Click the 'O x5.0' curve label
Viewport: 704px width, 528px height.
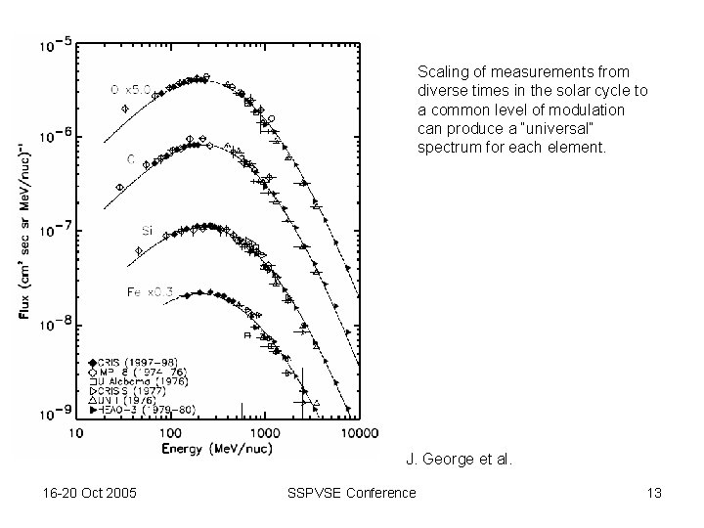coord(128,90)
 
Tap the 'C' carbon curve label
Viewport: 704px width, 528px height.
coord(130,157)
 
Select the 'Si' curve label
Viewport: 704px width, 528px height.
coord(146,231)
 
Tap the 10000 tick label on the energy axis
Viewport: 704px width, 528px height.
coord(354,431)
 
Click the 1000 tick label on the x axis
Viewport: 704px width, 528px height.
coord(261,431)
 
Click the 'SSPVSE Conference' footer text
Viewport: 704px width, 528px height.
coord(353,493)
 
